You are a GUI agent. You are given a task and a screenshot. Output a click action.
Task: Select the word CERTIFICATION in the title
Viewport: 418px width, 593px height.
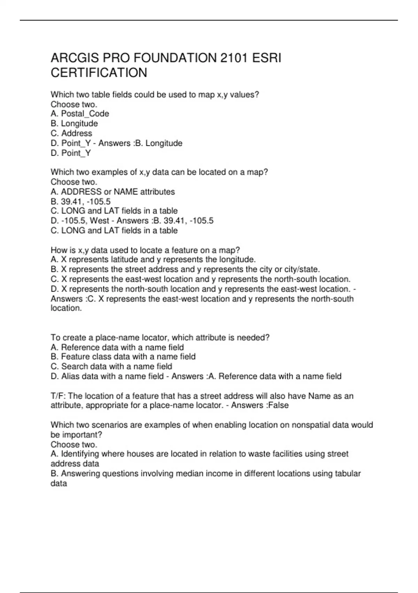99,73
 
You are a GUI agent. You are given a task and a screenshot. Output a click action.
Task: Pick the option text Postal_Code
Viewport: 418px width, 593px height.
85,114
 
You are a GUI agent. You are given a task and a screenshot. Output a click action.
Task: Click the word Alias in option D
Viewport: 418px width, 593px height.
71,376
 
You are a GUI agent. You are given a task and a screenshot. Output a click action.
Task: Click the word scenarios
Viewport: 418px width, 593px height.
107,425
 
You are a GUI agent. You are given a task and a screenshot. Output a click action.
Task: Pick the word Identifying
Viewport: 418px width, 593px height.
79,454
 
